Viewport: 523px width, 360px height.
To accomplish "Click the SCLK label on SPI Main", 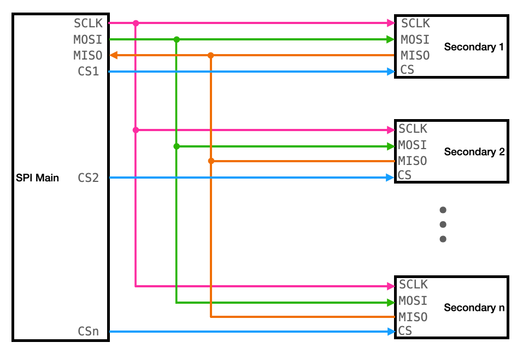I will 88,23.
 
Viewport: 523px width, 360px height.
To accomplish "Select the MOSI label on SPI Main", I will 88,39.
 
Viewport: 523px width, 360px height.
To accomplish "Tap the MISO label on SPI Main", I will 88,56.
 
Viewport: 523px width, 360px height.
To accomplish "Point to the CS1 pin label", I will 89,71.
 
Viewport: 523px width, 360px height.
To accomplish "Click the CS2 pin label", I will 89,178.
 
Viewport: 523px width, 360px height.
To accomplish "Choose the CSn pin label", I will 89,331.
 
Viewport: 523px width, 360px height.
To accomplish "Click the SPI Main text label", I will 37,178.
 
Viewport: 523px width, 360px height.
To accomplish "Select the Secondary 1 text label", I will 474,47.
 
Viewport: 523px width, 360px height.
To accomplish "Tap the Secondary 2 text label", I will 474,152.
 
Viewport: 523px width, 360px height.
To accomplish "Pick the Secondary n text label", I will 474,308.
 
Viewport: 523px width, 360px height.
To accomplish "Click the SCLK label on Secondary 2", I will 413,129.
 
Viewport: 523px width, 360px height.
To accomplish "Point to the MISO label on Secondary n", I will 413,317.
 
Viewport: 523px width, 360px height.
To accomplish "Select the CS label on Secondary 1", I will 407,70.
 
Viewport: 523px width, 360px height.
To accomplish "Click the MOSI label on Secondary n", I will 413,301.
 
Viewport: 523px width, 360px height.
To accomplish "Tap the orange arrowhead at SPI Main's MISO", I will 114,55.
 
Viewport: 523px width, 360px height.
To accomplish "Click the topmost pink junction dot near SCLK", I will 136,23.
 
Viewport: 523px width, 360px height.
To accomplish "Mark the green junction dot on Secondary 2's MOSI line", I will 177,146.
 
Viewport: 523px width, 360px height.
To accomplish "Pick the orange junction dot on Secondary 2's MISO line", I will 211,161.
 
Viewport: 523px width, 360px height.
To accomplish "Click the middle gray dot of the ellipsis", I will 443,225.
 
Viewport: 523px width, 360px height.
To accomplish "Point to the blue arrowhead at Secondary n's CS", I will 391,331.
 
